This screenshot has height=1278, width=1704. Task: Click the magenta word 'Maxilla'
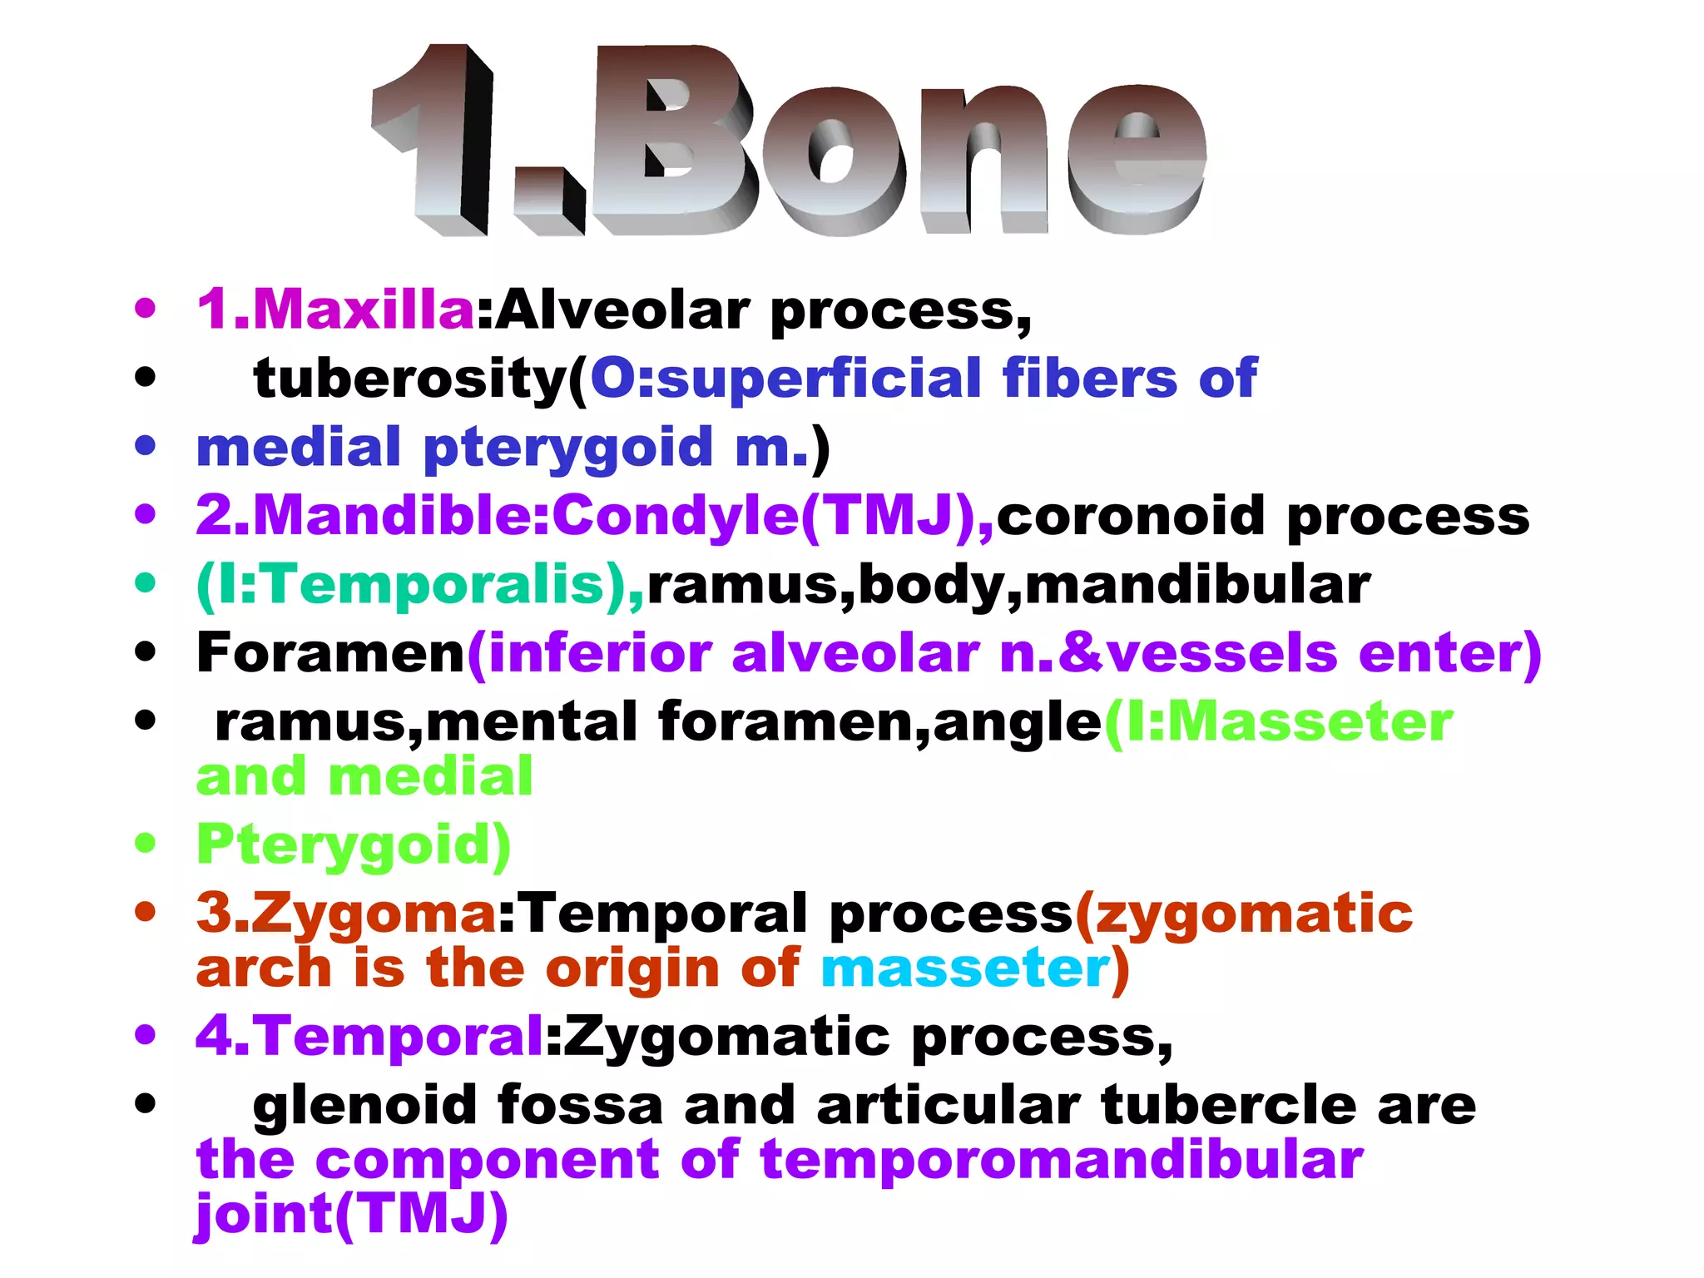(364, 310)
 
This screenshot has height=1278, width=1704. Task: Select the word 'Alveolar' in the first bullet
(624, 310)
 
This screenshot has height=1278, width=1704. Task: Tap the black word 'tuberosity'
(409, 379)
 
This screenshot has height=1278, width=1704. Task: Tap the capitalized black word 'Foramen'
(330, 653)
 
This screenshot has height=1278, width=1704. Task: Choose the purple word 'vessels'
(1223, 653)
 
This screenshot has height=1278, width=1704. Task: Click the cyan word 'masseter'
(965, 969)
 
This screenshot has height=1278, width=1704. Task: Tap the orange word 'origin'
(632, 969)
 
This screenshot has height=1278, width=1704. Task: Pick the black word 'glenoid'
(364, 1107)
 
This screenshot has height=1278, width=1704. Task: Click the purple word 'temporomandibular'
(1062, 1161)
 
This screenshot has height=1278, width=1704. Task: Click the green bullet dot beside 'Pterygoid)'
(146, 843)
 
